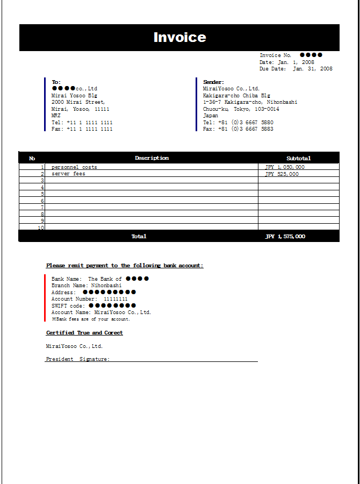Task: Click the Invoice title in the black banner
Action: click(x=179, y=37)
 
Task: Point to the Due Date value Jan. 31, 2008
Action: click(x=313, y=69)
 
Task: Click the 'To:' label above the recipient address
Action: click(x=56, y=82)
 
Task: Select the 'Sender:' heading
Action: click(x=213, y=82)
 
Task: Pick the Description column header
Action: click(x=152, y=158)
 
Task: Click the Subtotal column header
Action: click(x=298, y=158)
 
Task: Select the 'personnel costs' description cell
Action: click(x=74, y=167)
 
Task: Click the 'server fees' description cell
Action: click(x=68, y=174)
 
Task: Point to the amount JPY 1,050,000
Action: click(x=285, y=167)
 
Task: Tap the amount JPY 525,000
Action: click(x=282, y=174)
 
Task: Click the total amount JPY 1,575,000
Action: click(x=285, y=237)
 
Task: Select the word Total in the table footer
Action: click(x=139, y=237)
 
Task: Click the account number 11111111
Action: click(x=116, y=299)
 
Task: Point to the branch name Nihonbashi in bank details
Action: click(x=106, y=286)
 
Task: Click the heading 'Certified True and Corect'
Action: click(x=84, y=333)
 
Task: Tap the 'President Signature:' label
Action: click(x=78, y=359)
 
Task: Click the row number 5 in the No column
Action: click(x=42, y=194)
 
